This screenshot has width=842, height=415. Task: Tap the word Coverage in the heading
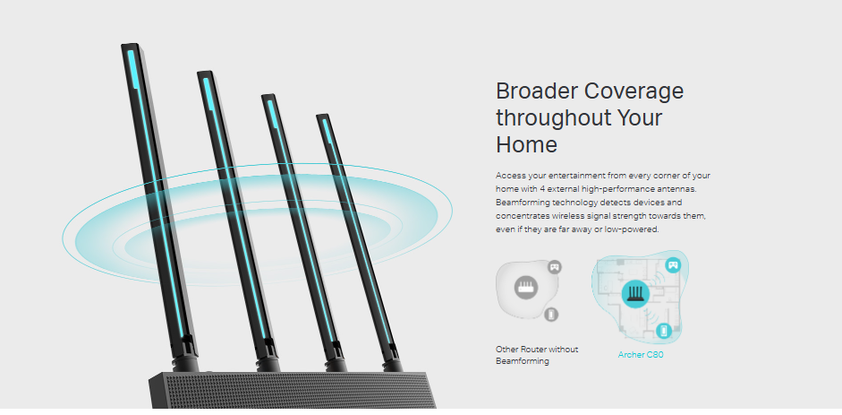coord(634,91)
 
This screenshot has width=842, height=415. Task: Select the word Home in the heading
coord(526,144)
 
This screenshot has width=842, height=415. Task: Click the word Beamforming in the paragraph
coord(525,203)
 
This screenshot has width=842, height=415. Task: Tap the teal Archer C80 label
coord(640,355)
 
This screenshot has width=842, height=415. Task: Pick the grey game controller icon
coord(554,266)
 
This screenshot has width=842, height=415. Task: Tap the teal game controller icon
coord(673,265)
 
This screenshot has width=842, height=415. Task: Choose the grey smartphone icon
coord(551,315)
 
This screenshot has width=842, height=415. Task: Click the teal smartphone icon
coord(663,331)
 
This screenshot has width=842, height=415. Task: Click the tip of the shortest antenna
coord(322,119)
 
